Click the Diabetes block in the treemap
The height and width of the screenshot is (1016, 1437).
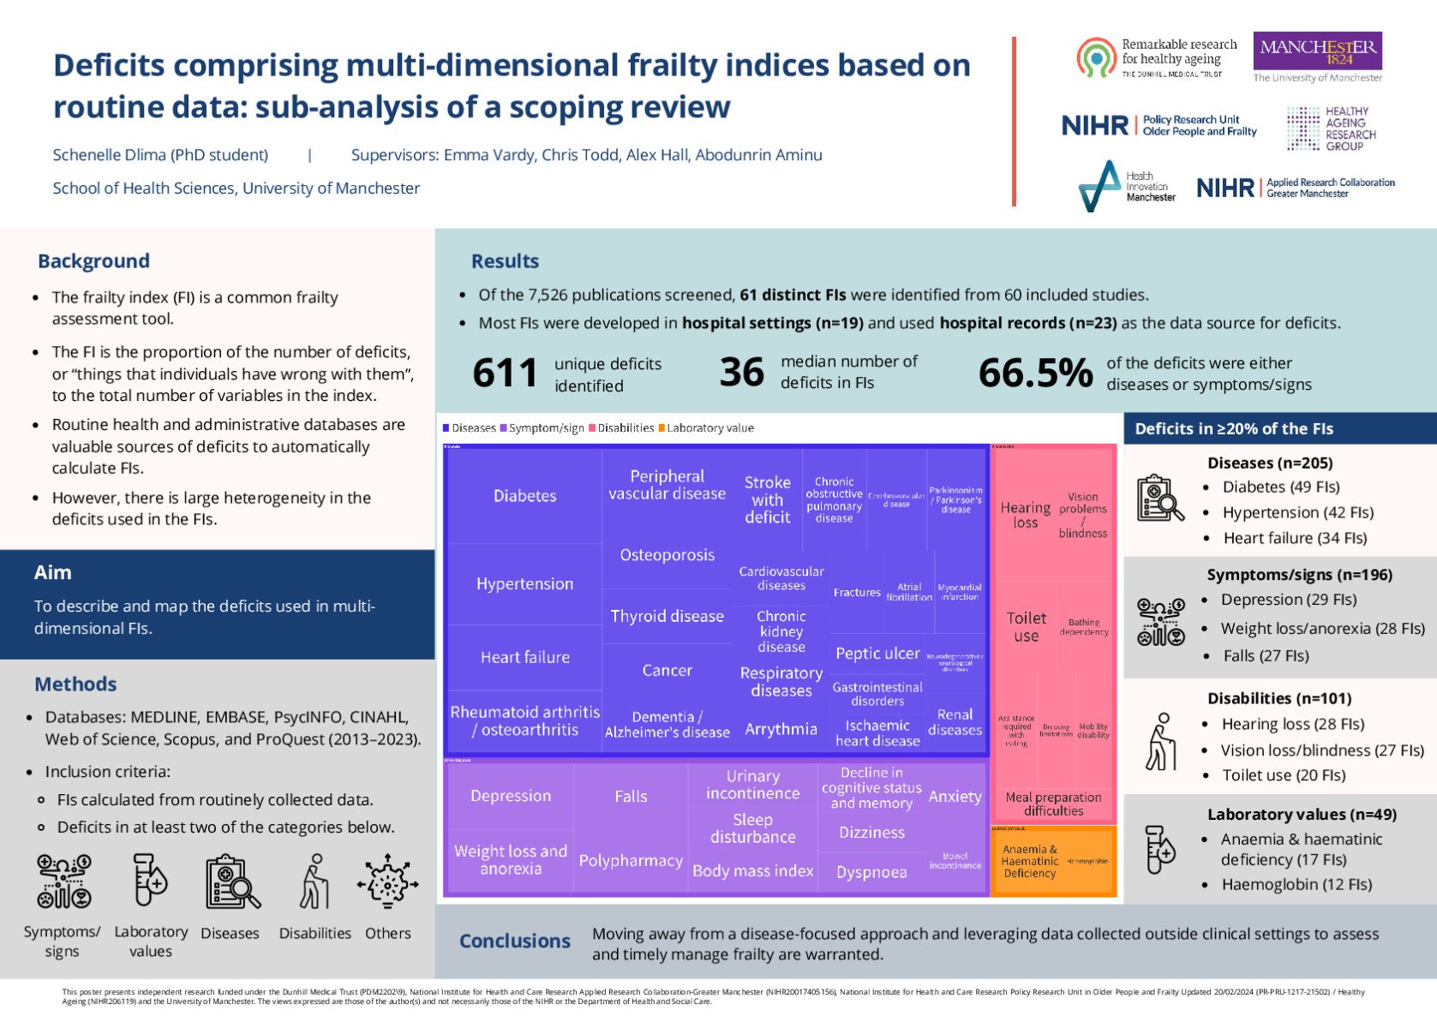[x=524, y=495]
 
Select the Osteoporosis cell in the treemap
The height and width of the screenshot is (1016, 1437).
[x=667, y=554]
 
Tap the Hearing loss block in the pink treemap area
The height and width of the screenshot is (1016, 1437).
[x=1025, y=514]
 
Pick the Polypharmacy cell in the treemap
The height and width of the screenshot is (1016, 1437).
[x=631, y=860]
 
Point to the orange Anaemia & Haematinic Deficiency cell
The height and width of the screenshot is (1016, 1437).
[x=1029, y=861]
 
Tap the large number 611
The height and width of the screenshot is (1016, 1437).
[x=505, y=374]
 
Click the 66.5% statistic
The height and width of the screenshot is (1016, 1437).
[x=1035, y=373]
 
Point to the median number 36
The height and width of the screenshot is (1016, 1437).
[x=741, y=372]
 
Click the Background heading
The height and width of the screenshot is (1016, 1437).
[x=93, y=260]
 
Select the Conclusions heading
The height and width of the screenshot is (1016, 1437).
[x=514, y=941]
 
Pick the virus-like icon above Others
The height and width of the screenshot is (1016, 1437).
[x=387, y=881]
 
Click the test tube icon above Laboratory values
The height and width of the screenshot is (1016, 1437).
[x=150, y=881]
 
